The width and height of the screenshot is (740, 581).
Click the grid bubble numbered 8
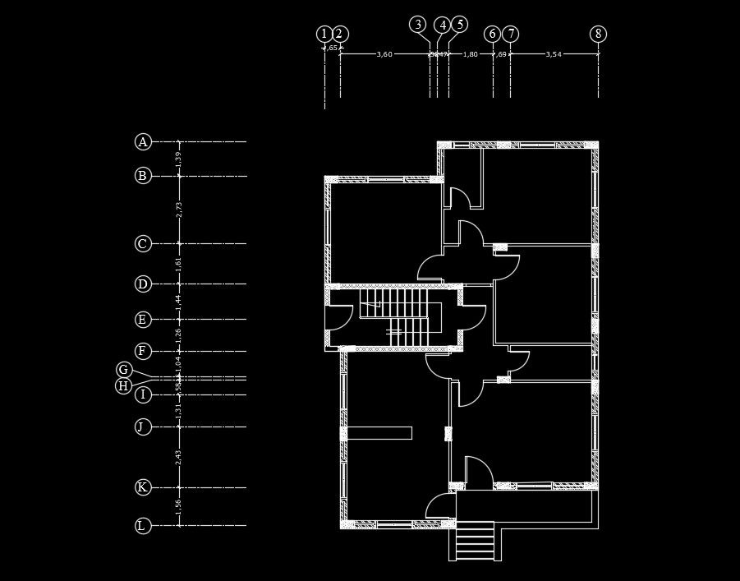599,34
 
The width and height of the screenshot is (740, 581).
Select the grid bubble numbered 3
418,24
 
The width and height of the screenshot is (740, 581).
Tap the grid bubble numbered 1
324,34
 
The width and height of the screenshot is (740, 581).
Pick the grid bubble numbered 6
492,34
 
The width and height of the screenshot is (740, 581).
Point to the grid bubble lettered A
143,142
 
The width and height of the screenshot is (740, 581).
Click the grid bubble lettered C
143,244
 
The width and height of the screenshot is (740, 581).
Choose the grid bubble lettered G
123,370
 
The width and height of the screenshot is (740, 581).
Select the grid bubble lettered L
143,526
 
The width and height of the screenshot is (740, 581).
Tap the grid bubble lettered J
143,427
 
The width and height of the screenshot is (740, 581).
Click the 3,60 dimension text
384,54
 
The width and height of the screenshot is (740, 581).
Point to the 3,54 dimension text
554,54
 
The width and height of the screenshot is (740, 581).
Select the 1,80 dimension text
471,54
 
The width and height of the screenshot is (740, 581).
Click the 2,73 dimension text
179,210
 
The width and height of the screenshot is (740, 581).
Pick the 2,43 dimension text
179,457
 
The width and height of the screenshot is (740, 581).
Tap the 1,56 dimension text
179,507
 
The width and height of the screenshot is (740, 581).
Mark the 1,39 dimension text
179,159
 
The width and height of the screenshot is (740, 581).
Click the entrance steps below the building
476,544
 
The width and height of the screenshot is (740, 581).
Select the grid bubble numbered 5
459,24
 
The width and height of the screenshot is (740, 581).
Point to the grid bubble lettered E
143,320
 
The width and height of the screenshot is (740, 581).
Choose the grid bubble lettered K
143,487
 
